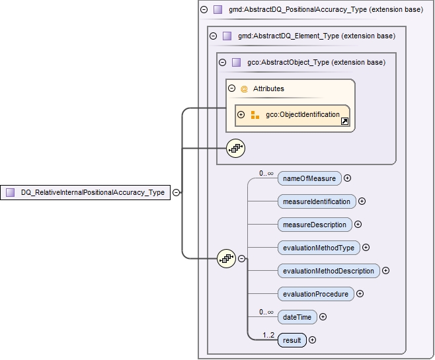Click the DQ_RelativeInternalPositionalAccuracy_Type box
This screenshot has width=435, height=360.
tap(85, 192)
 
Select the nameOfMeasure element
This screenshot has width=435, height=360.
tap(309, 178)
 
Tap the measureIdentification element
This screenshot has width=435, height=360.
tap(316, 201)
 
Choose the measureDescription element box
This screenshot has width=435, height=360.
tap(315, 225)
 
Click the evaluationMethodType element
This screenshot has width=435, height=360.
tap(319, 248)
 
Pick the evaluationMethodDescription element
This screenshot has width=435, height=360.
tap(329, 271)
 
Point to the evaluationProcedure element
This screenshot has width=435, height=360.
tap(315, 294)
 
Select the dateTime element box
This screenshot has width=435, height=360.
tap(297, 317)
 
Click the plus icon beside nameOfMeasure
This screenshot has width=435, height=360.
tap(347, 178)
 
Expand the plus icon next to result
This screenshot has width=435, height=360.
tap(312, 340)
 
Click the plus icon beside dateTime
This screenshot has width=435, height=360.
tap(323, 317)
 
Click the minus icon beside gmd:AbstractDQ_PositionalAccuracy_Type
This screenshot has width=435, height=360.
tap(204, 10)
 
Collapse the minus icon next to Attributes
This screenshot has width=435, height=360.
tap(231, 88)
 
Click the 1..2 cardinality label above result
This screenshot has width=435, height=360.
tap(268, 335)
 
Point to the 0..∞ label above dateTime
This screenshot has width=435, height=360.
tap(266, 312)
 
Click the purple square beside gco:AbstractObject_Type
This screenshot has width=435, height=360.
tap(236, 62)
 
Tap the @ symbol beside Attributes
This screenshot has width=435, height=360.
tap(243, 89)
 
